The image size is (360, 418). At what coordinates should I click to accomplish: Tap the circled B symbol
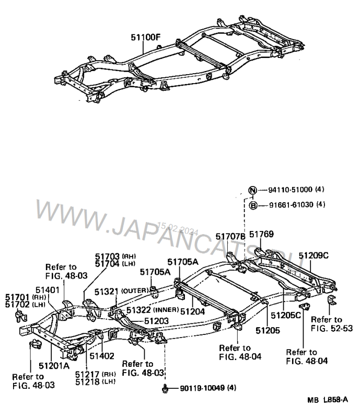[x=252, y=205]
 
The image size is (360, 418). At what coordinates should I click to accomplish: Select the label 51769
[x=261, y=235]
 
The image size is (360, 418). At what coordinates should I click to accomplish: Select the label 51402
[x=100, y=356]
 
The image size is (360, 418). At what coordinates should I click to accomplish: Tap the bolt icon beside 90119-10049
[x=165, y=388]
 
